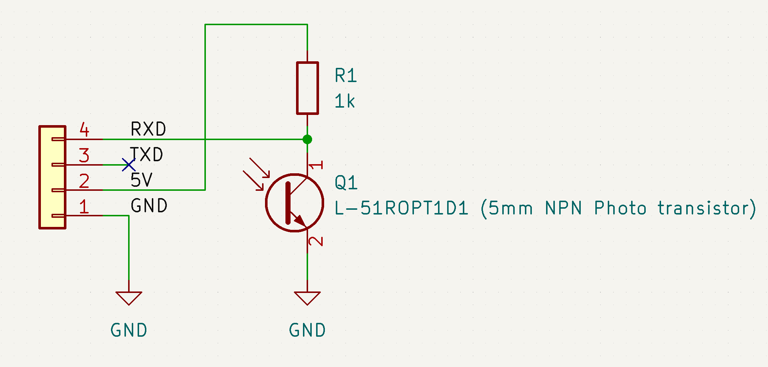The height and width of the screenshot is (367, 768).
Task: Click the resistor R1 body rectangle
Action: [x=307, y=88]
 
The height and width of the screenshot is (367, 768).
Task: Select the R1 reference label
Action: [x=345, y=76]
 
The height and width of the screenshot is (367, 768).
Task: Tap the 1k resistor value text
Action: [x=345, y=101]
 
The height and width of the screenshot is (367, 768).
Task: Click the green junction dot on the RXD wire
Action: [x=307, y=139]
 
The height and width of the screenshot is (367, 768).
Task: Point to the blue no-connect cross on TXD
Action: [x=128, y=165]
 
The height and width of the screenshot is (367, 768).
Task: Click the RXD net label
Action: [x=148, y=129]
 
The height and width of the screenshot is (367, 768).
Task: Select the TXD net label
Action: [x=147, y=155]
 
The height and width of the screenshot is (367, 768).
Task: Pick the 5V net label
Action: [x=142, y=180]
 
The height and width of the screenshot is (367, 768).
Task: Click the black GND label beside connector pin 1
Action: [x=149, y=206]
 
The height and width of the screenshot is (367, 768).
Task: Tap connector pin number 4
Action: [x=84, y=130]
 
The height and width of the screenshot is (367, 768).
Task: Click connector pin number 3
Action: [x=84, y=155]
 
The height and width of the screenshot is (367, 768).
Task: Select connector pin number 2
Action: [x=84, y=181]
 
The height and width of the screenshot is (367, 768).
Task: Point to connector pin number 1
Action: [x=84, y=206]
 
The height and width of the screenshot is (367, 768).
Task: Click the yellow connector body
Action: [x=53, y=177]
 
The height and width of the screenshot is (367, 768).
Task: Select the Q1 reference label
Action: [x=346, y=182]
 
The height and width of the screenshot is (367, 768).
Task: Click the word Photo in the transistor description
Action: [x=620, y=208]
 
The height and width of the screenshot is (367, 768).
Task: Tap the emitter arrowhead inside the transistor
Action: [x=300, y=220]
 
